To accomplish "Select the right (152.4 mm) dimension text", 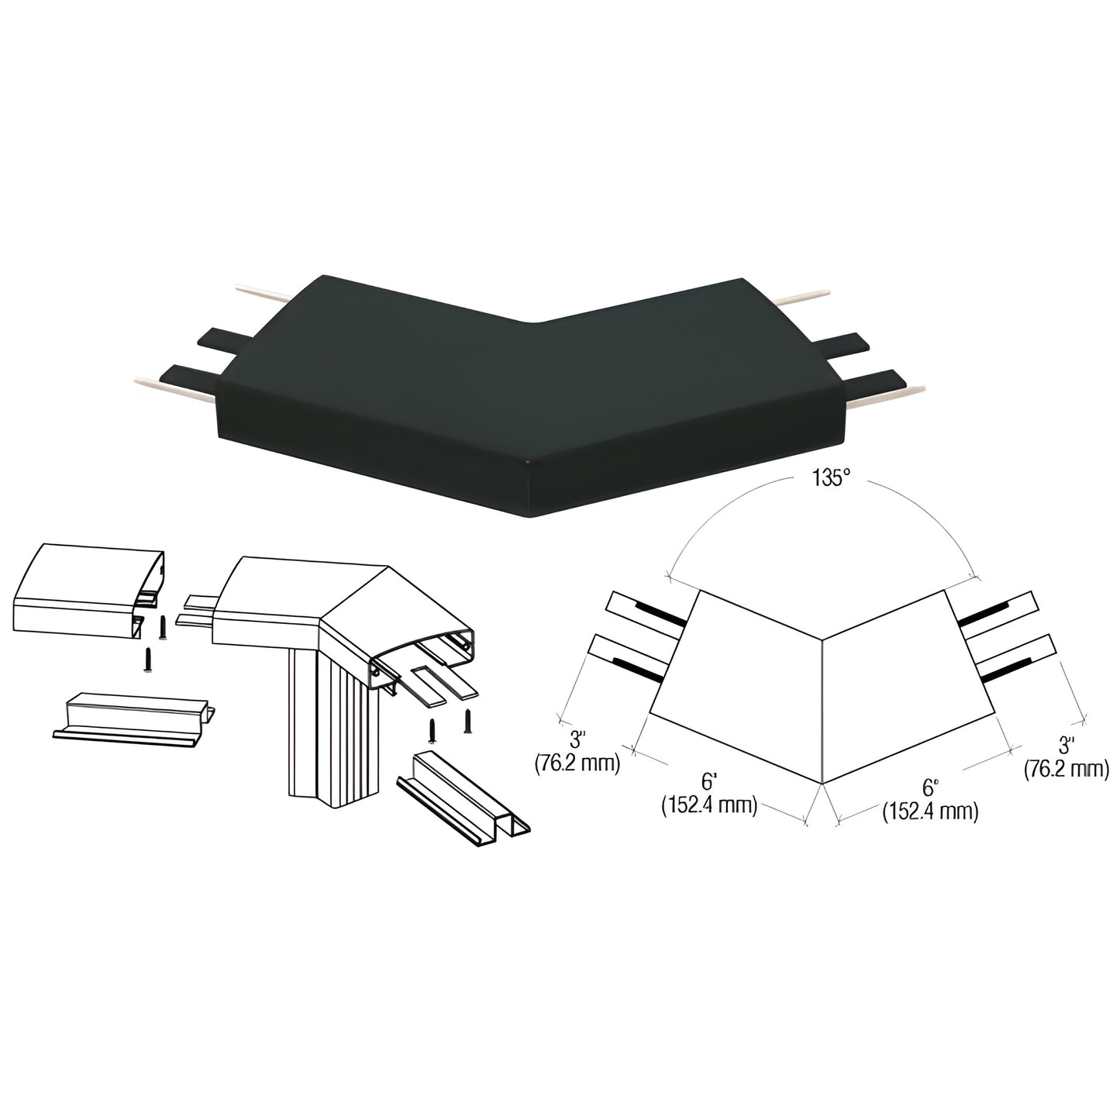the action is pos(930,812).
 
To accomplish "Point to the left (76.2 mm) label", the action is pos(577,762).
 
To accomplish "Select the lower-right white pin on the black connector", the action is pos(884,393).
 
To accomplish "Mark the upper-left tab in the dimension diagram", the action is pos(646,615).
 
